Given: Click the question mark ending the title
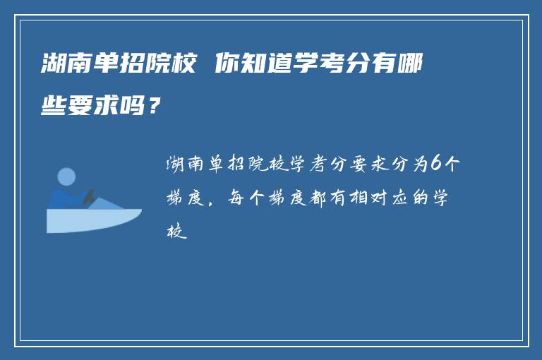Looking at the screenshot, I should click(155, 107).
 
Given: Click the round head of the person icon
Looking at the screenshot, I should click(66, 176).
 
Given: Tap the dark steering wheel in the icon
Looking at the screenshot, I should click(88, 196).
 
